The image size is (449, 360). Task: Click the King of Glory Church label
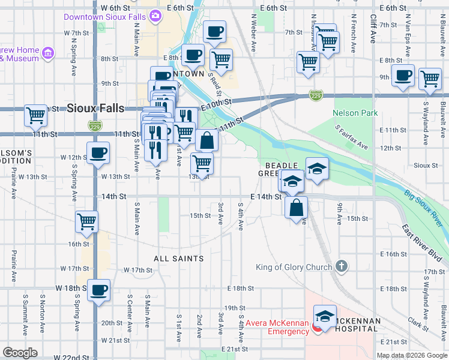(294, 267)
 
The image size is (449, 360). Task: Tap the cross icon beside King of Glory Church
(341, 265)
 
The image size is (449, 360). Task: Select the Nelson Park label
(355, 113)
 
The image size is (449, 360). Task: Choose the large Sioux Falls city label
(96, 109)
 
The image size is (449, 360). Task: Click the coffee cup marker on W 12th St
(98, 152)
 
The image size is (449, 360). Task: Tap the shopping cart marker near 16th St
(87, 221)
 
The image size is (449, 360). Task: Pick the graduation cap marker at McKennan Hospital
(325, 316)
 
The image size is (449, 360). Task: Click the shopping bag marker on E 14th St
(296, 208)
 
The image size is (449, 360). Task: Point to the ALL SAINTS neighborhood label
(179, 259)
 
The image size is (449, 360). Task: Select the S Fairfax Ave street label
(352, 137)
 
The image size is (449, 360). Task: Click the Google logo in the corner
(20, 353)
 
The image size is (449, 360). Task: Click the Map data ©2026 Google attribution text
(412, 355)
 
